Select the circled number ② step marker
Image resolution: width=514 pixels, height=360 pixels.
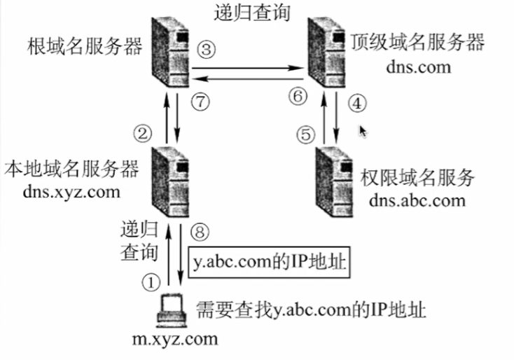click(143, 132)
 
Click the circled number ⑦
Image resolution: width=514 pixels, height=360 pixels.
click(200, 103)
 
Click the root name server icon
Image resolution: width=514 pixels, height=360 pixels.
click(169, 49)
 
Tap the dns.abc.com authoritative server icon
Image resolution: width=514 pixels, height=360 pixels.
click(333, 179)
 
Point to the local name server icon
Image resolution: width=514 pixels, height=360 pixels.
click(171, 179)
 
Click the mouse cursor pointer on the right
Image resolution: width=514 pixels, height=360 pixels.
click(363, 130)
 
